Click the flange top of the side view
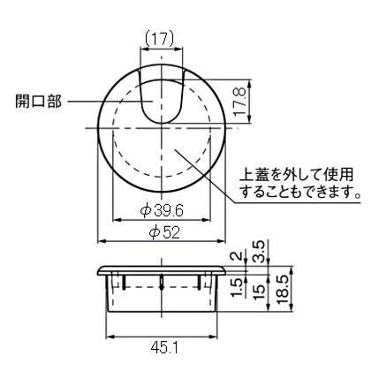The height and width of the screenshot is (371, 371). click(163, 263)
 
